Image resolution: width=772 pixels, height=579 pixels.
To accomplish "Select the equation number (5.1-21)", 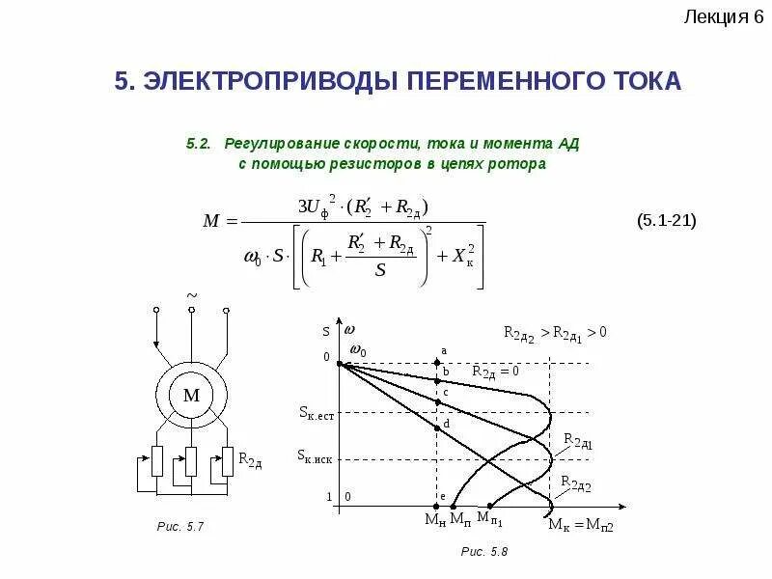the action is [x=666, y=221].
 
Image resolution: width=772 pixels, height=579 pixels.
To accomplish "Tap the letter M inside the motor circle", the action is [x=191, y=395].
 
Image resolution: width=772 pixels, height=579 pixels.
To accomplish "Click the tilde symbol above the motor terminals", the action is [x=191, y=293].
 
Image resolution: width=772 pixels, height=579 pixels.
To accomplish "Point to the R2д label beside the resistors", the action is [x=250, y=460].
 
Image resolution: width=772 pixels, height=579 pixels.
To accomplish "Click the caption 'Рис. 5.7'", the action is [x=180, y=527].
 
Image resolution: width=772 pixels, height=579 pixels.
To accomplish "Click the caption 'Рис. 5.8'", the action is [x=483, y=551].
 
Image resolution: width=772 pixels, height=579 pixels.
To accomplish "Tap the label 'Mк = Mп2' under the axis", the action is [x=582, y=524].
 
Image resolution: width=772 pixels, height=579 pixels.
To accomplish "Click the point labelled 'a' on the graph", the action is [x=440, y=364].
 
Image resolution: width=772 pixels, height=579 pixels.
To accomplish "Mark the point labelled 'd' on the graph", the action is [x=440, y=429].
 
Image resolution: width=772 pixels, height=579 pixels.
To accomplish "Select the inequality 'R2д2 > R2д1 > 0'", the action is [x=554, y=332].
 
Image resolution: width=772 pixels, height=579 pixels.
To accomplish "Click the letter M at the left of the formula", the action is [x=212, y=221].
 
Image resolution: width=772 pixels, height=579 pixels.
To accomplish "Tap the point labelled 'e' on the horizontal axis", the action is [x=440, y=504].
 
